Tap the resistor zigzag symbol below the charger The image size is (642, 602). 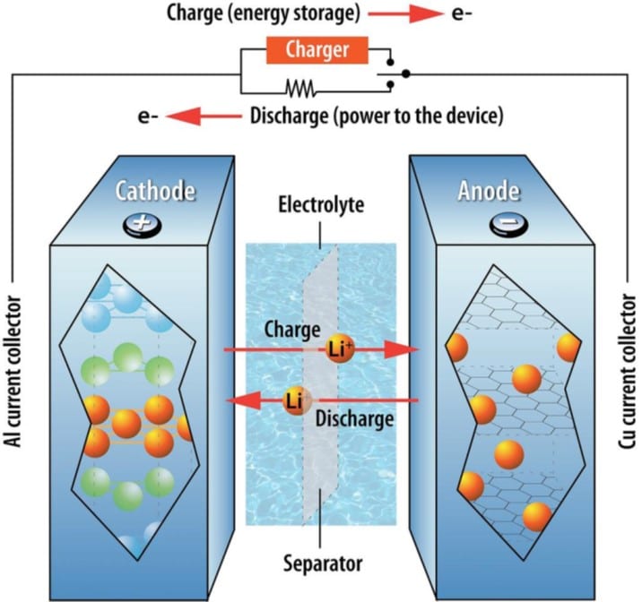[x=299, y=88]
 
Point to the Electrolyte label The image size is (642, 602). [x=321, y=204]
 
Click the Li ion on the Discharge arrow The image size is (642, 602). [x=293, y=400]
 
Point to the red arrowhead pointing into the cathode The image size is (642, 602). [x=235, y=400]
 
